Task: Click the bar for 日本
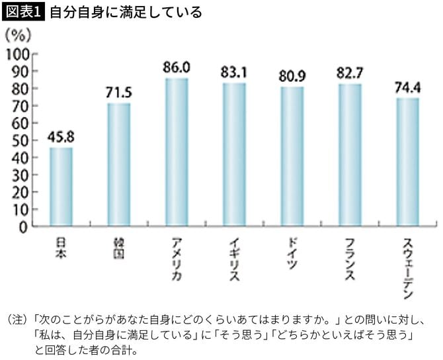coord(61,187)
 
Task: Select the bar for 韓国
coord(119,165)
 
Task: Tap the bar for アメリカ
coord(177,153)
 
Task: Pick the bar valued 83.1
coord(234,156)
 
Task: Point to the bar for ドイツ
coord(292,157)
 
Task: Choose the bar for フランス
coord(350,156)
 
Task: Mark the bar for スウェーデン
coord(407,163)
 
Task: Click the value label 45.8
coord(61,138)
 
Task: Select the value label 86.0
coord(177,67)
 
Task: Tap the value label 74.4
coord(407,87)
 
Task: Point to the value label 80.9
coord(292,76)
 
